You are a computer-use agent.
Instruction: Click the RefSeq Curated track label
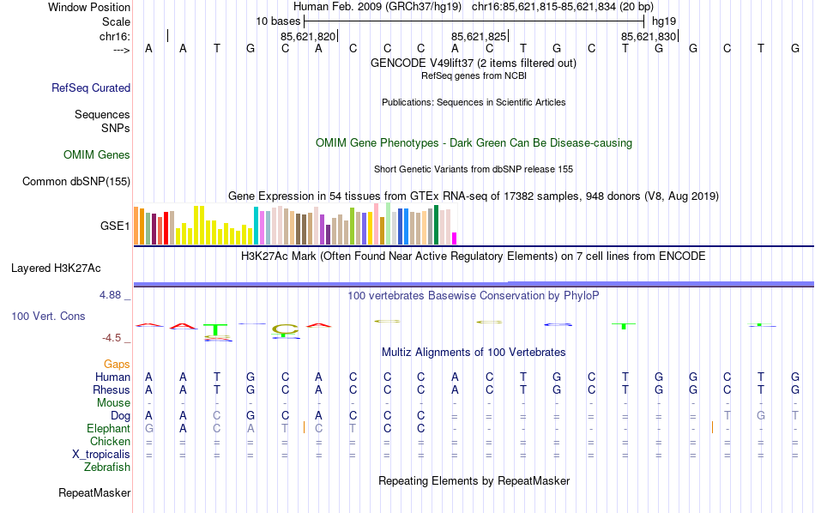[91, 88]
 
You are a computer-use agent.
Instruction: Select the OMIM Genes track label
[97, 155]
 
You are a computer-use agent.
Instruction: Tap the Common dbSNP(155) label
[76, 181]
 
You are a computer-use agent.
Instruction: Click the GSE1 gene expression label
[115, 226]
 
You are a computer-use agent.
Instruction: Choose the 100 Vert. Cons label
[48, 317]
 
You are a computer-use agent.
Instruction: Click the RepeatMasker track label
[94, 493]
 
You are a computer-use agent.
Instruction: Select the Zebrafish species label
[107, 468]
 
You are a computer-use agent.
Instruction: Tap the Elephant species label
[108, 428]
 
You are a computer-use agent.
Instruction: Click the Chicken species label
[110, 441]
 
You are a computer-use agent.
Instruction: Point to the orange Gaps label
[117, 365]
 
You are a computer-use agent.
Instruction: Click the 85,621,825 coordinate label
[479, 36]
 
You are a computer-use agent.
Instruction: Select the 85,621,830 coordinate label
[649, 36]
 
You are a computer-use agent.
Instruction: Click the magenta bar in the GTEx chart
[455, 238]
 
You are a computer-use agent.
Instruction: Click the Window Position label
[89, 7]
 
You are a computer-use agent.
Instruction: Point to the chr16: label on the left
[115, 36]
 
